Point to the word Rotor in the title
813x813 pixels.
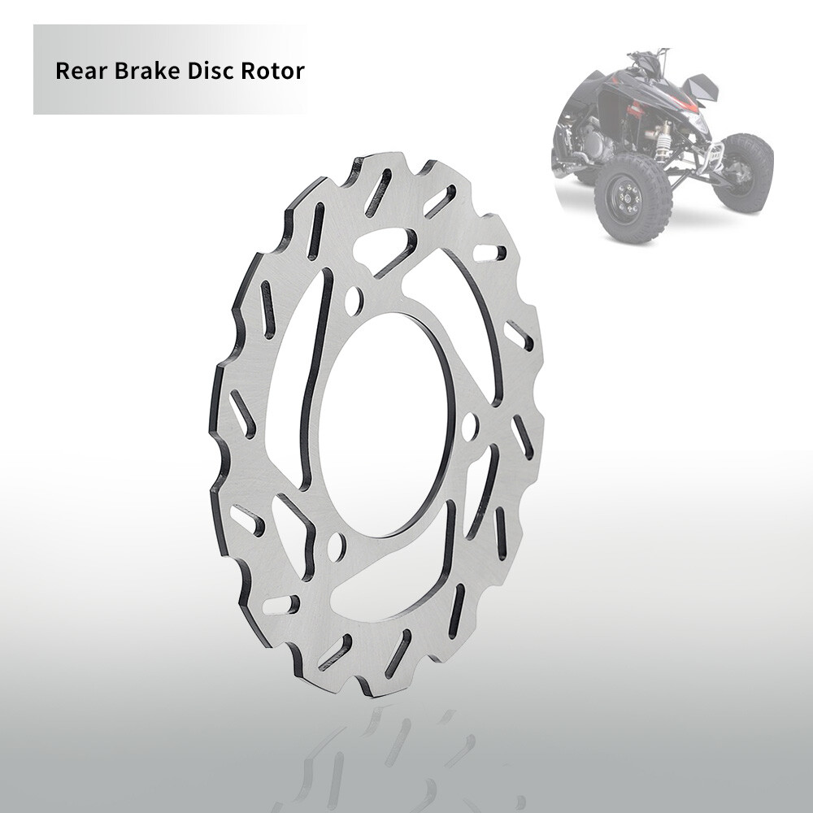pos(272,71)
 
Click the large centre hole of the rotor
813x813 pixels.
pos(382,423)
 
